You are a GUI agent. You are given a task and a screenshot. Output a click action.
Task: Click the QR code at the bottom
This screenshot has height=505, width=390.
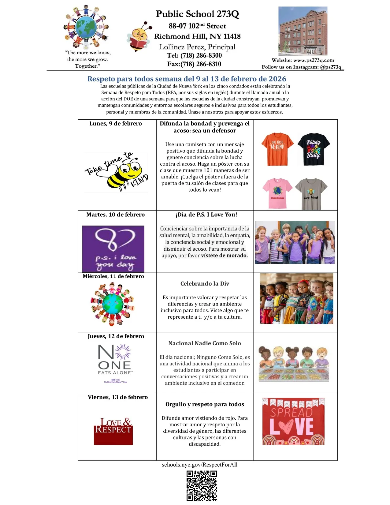tap(202, 486)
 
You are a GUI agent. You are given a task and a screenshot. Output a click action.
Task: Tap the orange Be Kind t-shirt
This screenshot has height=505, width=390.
tap(277, 149)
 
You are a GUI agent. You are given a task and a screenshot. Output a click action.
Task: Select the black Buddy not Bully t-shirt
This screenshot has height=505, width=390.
tap(314, 149)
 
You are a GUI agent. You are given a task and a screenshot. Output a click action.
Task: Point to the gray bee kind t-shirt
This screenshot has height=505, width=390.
tap(311, 194)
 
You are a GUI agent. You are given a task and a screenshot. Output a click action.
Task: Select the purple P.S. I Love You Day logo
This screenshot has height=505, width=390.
tap(113, 249)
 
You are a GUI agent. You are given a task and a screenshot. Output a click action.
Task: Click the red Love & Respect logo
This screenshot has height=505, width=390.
tap(113, 431)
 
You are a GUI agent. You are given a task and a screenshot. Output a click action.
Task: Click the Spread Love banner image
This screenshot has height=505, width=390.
tap(293, 421)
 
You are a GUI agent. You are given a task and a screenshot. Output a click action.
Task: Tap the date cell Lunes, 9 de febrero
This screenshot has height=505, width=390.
tap(116, 124)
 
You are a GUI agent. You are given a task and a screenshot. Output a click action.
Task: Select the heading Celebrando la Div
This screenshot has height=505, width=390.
tap(205, 284)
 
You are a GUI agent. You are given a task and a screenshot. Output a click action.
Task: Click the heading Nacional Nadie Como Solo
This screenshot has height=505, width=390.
tap(205, 343)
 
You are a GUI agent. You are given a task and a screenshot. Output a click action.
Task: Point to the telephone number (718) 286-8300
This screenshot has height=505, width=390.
tap(201, 55)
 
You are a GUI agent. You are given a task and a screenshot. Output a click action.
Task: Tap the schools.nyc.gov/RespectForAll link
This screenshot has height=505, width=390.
tap(200, 465)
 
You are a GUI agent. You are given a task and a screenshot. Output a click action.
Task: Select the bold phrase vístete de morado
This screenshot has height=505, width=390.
tap(224, 256)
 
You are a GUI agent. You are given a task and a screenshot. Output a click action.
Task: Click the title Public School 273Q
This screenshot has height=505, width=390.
tap(197, 14)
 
